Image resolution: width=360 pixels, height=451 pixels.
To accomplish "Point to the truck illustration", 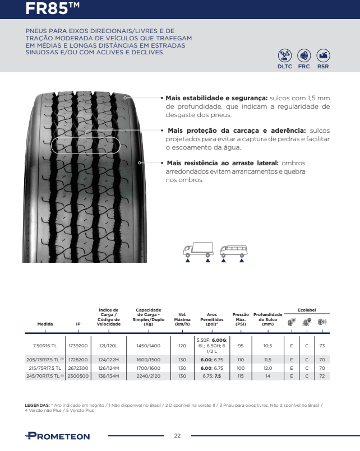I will pos(197,250).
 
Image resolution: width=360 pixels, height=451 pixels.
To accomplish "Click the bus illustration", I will pos(233,250).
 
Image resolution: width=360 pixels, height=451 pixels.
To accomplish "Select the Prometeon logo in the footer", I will pos(57,436).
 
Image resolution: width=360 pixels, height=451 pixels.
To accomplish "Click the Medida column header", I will pos(45,324).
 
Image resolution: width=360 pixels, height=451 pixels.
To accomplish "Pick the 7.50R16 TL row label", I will pos(45,346).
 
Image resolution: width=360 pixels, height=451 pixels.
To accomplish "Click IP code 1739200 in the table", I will pos(78,346).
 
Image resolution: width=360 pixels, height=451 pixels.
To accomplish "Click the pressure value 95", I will pos(241,346).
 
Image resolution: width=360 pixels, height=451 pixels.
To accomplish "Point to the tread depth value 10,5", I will pos(267,346).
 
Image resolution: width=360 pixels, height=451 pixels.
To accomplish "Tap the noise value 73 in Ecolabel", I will pos(322,346).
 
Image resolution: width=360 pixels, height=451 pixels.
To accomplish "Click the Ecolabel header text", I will pos(307,310).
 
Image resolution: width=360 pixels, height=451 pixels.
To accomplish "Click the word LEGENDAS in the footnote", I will pos(38,404).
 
